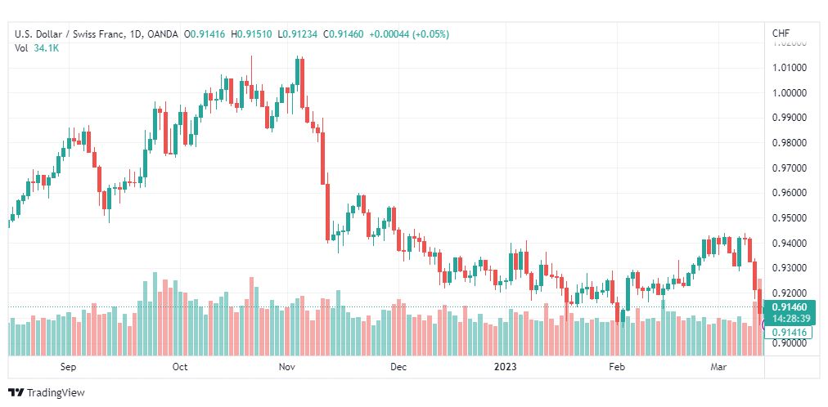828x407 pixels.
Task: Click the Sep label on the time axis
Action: [68, 367]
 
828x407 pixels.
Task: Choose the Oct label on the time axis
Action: [180, 367]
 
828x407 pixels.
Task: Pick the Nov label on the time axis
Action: [286, 367]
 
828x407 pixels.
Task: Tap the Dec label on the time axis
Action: [398, 367]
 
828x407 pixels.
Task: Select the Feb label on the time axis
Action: [618, 367]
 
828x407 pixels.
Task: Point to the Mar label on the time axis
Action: [718, 367]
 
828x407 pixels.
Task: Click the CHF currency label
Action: [781, 34]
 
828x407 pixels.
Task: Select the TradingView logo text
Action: [55, 392]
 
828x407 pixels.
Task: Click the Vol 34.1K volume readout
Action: [36, 48]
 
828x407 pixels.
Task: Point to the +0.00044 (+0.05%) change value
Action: [409, 34]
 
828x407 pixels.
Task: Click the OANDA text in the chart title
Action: [163, 34]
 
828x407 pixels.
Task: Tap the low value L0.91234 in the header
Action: [299, 34]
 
